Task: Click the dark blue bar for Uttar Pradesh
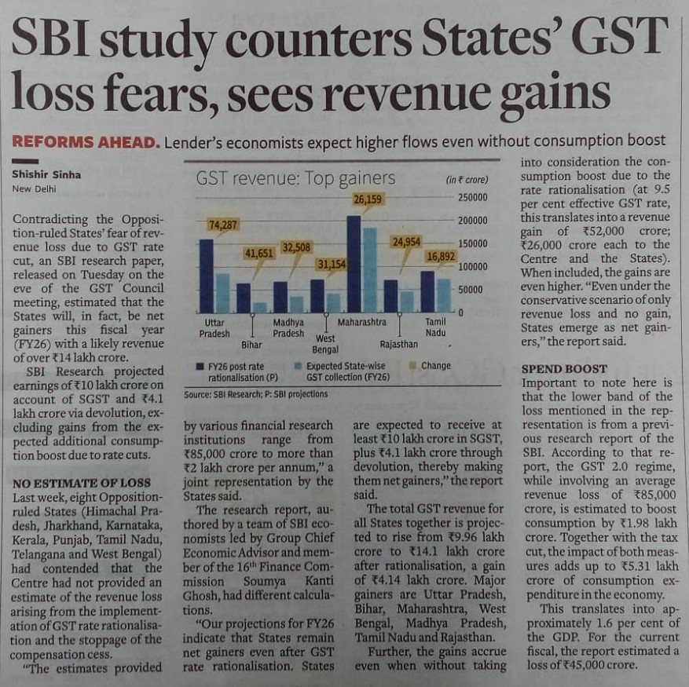tap(207, 276)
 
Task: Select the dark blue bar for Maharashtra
tap(354, 265)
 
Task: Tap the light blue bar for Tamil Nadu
tap(444, 295)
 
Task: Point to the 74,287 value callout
tap(222, 225)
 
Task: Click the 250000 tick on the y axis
tap(473, 197)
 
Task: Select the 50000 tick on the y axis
tap(471, 289)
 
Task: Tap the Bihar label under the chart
tap(252, 344)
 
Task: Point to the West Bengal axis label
tap(325, 344)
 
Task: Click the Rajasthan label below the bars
tap(398, 343)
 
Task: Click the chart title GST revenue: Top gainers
tap(284, 180)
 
